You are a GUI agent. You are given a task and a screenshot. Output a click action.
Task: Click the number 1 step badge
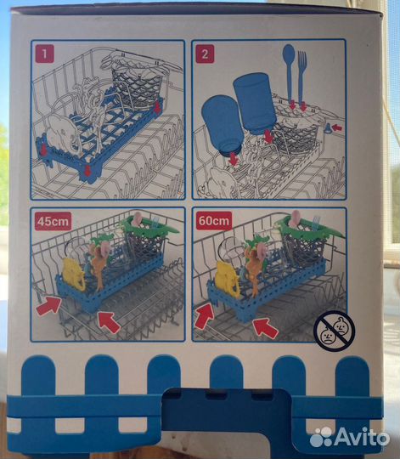44,54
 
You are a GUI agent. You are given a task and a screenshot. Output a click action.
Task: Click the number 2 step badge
205,54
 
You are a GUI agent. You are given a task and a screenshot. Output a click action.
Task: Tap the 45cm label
53,221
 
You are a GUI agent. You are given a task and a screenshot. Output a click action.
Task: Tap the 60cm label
214,221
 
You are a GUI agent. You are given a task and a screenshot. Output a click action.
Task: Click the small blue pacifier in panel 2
328,127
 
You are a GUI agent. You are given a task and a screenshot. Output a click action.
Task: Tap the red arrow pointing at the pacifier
338,127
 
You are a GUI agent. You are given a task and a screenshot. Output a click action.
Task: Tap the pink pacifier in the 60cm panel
296,218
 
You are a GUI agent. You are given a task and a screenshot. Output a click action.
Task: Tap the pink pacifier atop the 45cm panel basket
137,218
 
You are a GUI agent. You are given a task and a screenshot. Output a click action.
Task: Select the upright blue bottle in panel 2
255,104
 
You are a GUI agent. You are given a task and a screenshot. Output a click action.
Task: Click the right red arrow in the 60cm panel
266,328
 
